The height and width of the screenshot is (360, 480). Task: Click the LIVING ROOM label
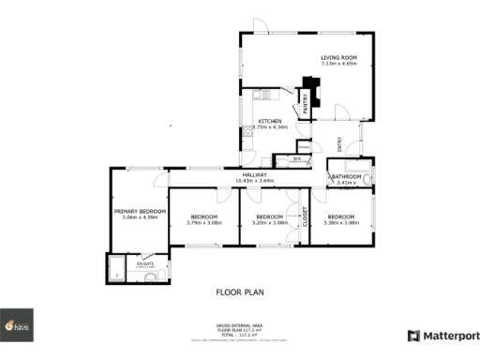[338, 58]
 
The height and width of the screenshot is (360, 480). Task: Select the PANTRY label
[306, 102]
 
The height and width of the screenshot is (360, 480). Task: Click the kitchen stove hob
[247, 133]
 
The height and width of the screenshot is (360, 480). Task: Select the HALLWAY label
[255, 174]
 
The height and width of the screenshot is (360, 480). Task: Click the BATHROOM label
[346, 176]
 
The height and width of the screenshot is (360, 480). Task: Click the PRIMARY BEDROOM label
[140, 211]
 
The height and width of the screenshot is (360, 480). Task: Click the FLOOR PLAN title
[240, 292]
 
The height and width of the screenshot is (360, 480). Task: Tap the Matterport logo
[443, 335]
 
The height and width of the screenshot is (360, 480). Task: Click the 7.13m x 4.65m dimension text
[338, 66]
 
